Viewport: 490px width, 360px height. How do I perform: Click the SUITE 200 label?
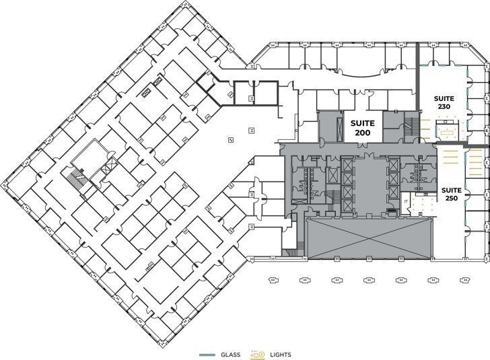pos(362,128)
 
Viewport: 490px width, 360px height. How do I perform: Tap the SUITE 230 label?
pos(444,102)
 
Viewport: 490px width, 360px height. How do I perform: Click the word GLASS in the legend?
pos(229,355)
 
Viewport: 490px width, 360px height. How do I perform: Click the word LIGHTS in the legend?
pos(280,355)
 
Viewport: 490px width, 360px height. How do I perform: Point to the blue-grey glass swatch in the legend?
pos(207,355)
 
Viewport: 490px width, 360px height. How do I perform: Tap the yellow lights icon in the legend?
pos(258,355)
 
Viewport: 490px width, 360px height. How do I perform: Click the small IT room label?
pos(407,202)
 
